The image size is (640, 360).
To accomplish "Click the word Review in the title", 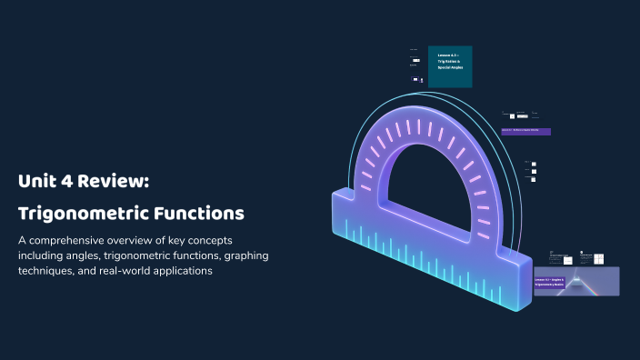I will click(111, 181).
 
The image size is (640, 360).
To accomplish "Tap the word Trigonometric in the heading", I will click(78, 215).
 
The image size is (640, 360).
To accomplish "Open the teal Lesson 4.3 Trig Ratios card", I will click(450, 65).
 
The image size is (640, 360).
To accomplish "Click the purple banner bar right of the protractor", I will click(526, 132).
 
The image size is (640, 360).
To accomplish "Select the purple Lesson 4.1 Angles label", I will click(551, 281).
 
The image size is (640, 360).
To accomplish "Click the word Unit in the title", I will click(34, 181).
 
